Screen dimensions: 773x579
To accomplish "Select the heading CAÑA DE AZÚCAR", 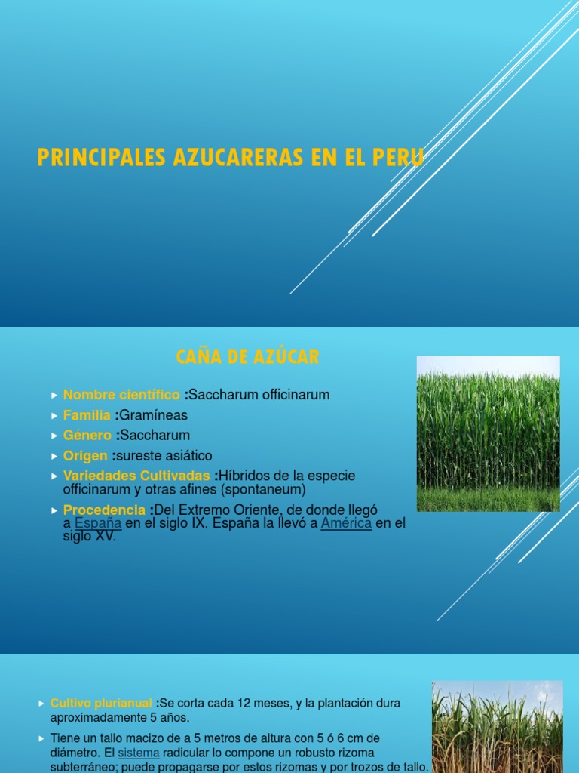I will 248,357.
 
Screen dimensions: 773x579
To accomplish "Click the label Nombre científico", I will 121,395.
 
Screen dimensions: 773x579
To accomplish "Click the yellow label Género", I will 88,436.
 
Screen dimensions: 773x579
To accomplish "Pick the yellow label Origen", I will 85,456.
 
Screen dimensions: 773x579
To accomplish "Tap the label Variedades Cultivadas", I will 136,476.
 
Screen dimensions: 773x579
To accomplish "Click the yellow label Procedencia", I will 104,510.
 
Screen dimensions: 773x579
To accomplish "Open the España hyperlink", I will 98,523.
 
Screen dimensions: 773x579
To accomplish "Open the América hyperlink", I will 346,523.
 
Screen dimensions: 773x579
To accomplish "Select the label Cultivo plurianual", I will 101,704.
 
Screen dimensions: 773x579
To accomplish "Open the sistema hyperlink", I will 139,753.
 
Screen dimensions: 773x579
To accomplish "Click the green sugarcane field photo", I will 488,433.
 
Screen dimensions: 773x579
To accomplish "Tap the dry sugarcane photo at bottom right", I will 497,726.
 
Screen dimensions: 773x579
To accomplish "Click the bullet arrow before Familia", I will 54,416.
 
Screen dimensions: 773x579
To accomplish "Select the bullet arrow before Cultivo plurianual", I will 41,704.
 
